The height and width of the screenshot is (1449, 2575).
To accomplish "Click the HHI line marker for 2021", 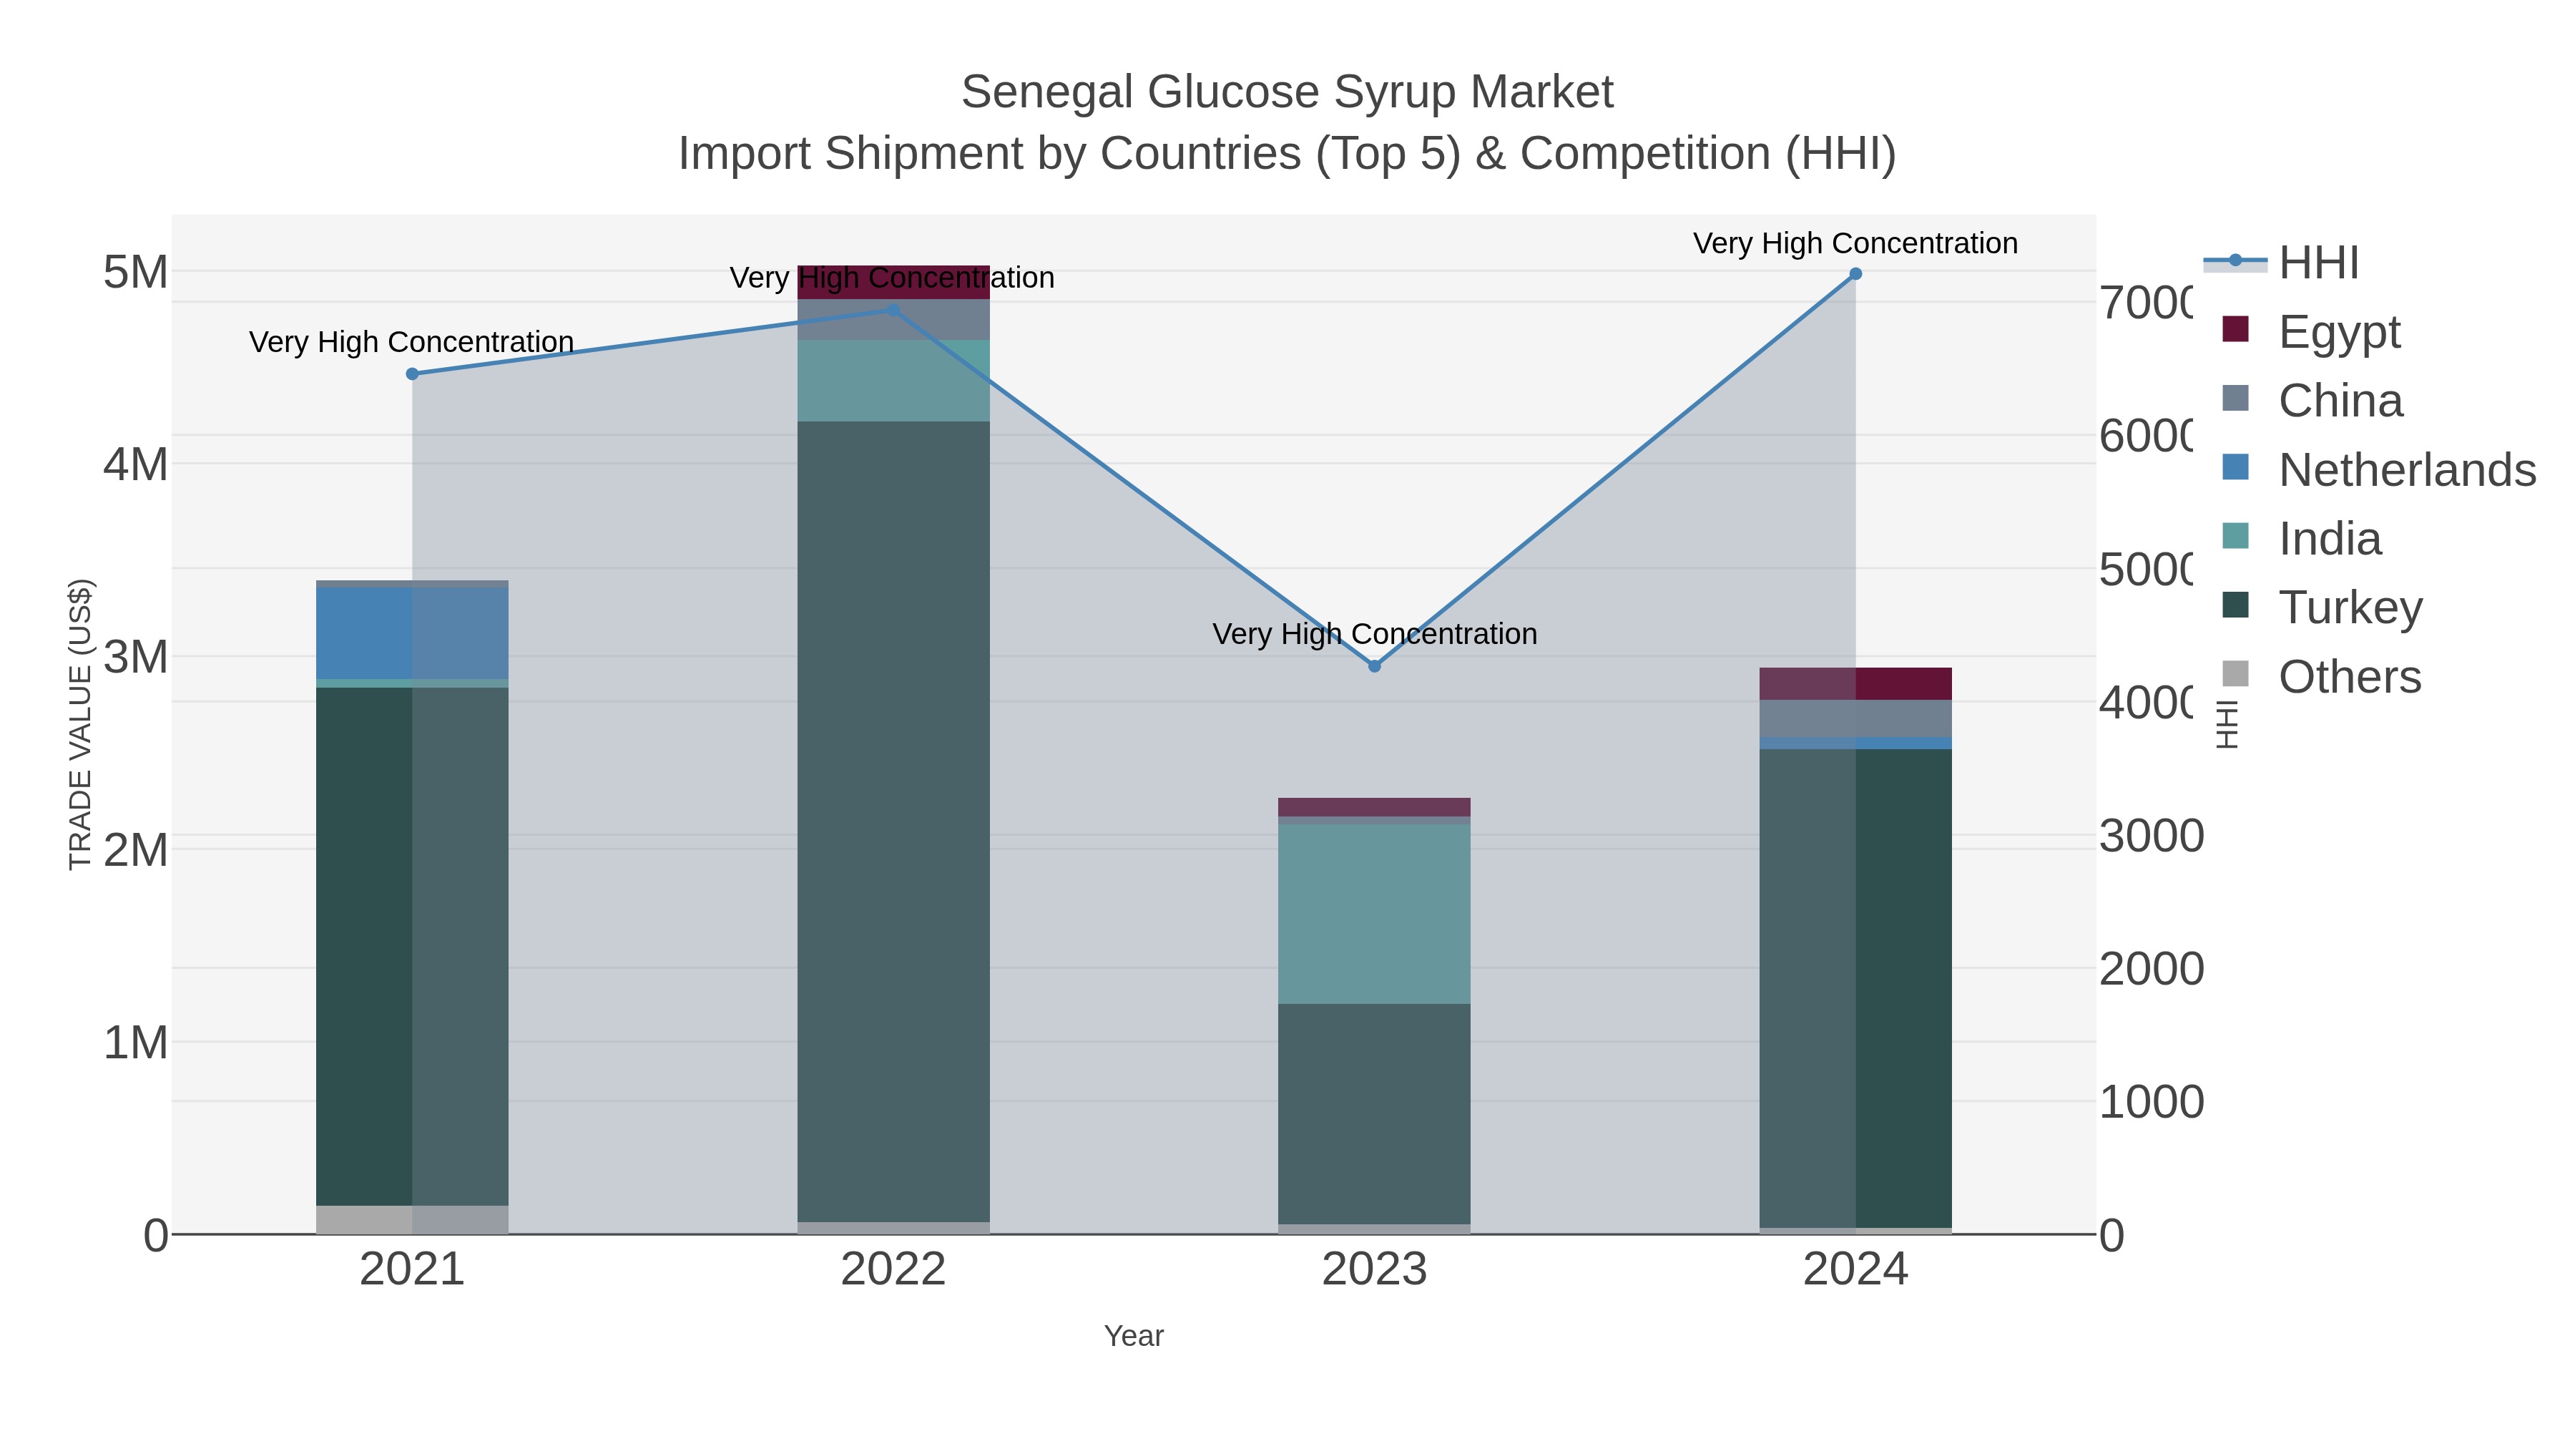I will (x=412, y=374).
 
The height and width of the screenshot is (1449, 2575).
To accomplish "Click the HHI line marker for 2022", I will (x=893, y=310).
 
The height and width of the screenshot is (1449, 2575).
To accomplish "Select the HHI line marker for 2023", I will (x=1375, y=666).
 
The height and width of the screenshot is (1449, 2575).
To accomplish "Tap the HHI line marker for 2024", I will (x=1855, y=274).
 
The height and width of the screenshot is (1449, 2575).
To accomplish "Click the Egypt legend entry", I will (x=2339, y=331).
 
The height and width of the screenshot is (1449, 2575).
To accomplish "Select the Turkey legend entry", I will (x=2350, y=607).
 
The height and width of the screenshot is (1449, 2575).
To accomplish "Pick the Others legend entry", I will (x=2349, y=677).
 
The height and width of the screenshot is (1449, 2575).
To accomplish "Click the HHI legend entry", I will (x=2318, y=263).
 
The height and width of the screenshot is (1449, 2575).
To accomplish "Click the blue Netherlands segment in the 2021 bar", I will (x=412, y=633).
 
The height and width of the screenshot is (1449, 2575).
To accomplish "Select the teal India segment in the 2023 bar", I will (x=1375, y=913).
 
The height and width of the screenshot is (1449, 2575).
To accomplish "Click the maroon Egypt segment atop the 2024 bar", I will (x=1855, y=683).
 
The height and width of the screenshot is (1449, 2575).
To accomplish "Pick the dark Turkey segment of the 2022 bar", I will (x=893, y=820).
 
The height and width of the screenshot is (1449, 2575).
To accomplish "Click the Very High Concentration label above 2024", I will (x=1855, y=243).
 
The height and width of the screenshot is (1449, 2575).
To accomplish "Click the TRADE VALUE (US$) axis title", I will (x=80, y=724).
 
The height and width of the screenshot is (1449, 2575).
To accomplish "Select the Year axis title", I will (x=1134, y=1336).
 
